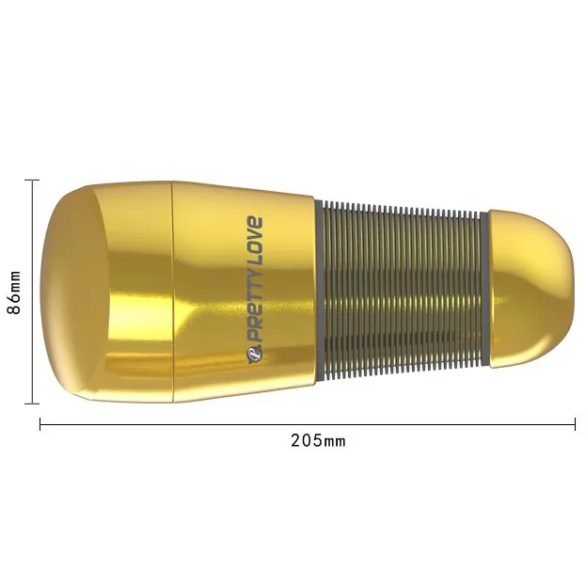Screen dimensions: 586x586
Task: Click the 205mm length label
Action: [x=318, y=441]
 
